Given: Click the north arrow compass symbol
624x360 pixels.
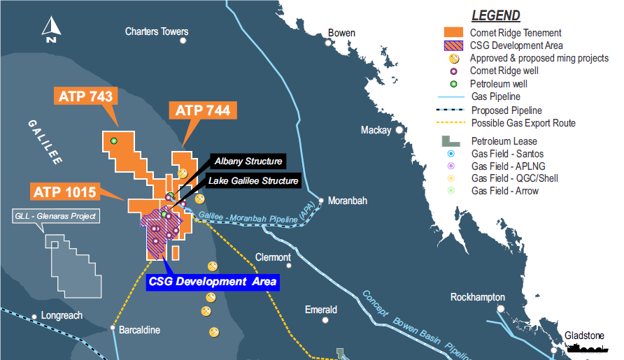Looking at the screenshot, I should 50,30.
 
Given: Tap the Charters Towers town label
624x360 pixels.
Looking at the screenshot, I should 157,31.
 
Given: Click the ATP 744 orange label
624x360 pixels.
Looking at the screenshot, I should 202,110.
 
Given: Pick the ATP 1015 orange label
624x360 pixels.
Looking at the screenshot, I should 64,190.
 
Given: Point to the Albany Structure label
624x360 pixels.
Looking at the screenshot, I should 248,161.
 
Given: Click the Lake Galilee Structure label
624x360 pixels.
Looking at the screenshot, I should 253,181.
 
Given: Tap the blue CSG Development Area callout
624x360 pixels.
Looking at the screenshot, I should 213,282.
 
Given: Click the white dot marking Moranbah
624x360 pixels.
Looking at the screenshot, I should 321,201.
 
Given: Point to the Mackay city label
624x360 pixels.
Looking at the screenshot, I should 376,130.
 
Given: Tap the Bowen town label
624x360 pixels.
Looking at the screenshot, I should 341,33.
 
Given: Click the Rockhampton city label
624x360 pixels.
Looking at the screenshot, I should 477,297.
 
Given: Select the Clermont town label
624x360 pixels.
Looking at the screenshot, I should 273,257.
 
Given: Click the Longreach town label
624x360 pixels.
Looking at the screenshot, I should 62,315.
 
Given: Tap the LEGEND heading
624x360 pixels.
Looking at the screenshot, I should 495,15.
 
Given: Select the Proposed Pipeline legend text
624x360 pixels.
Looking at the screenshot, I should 506,110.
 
